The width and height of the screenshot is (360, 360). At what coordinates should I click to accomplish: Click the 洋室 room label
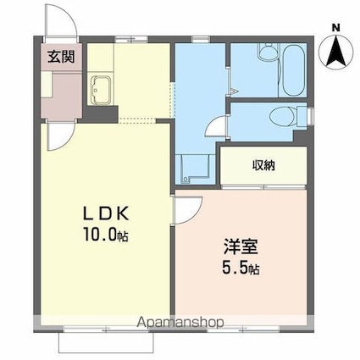click(241, 250)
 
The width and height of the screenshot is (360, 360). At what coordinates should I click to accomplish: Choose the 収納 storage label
click(263, 165)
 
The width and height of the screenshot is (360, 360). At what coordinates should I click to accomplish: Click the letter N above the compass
click(336, 27)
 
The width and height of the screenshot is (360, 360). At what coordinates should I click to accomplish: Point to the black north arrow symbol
click(336, 53)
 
